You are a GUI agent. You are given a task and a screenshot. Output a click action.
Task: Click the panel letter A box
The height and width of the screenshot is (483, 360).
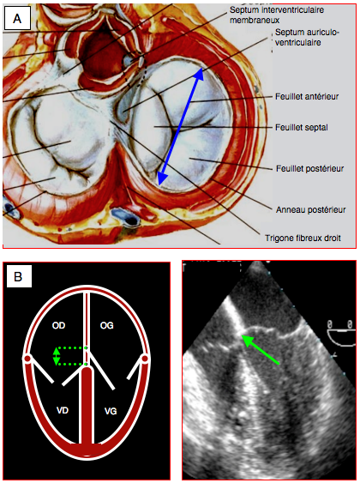tap(17, 19)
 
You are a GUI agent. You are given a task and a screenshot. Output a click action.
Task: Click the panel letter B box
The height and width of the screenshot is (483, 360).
tap(18, 276)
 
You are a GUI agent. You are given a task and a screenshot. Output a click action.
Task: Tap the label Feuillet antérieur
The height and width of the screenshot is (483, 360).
tap(307, 97)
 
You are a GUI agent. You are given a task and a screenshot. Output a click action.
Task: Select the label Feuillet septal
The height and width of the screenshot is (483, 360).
tap(302, 128)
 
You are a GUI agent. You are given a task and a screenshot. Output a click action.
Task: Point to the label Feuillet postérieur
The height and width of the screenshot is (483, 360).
tap(309, 168)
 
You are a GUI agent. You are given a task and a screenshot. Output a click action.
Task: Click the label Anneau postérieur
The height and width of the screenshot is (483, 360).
tap(311, 210)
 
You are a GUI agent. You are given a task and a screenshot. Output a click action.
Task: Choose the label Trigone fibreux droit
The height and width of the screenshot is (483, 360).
tap(303, 238)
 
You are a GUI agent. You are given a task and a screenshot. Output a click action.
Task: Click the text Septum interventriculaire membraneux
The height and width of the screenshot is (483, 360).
tap(277, 15)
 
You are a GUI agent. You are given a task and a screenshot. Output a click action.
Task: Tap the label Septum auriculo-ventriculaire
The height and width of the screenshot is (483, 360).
tap(307, 37)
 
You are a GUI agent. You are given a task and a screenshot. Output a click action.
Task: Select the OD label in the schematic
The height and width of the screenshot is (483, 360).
tap(58, 325)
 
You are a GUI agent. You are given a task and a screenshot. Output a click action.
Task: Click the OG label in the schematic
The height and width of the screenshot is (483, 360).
tap(107, 325)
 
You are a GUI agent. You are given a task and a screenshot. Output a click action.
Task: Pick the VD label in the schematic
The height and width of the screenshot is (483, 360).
tap(63, 410)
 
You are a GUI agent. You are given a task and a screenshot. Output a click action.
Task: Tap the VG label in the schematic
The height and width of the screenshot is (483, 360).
tap(111, 411)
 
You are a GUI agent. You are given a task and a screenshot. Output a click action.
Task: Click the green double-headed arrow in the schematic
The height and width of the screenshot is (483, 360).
tap(56, 356)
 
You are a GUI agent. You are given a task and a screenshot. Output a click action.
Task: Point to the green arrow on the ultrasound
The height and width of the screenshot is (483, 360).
tap(261, 350)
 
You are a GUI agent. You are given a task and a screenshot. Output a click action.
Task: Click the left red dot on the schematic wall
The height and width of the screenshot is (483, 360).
tap(27, 359)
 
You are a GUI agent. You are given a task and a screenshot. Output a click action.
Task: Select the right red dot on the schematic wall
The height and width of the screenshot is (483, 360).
tap(145, 359)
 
